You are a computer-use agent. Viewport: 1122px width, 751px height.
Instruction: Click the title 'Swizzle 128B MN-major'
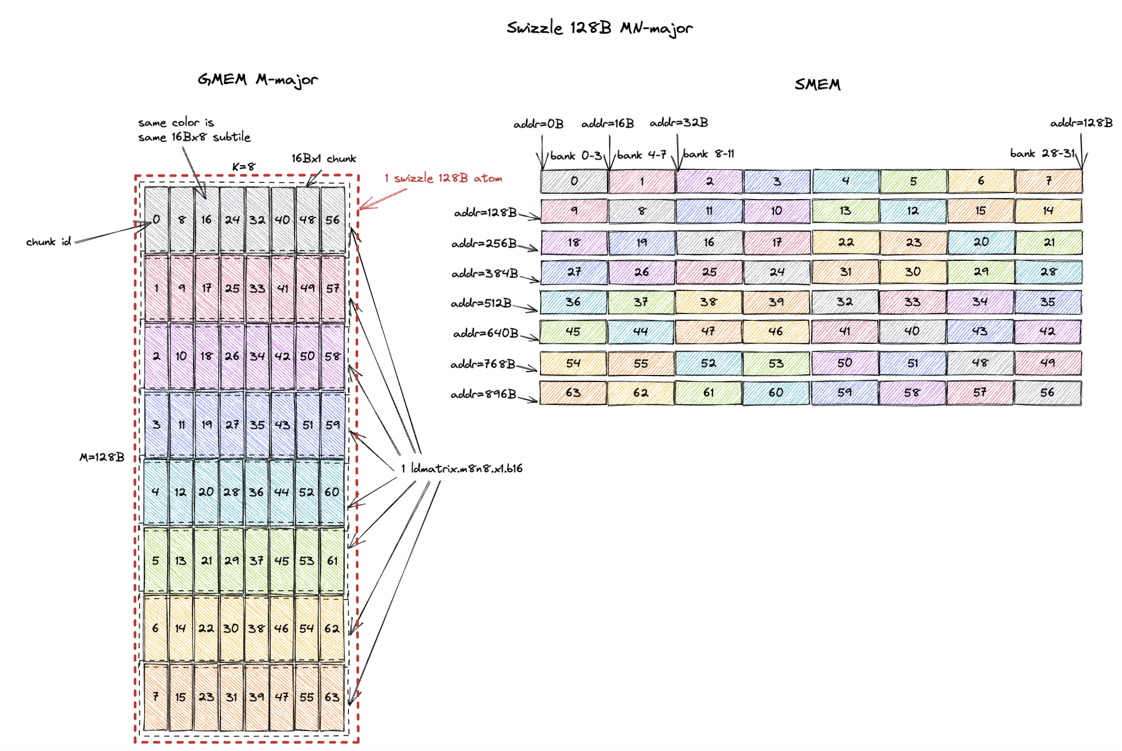coord(599,28)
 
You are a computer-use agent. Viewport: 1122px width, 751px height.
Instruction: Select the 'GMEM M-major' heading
coord(258,80)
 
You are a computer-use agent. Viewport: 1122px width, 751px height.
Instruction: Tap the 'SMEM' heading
coord(817,84)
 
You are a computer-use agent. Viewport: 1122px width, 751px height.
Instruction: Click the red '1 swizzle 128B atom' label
coord(443,178)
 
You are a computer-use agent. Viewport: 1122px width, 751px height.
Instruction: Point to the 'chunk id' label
coord(48,242)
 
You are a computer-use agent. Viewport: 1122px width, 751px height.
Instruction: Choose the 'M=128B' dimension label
coord(102,457)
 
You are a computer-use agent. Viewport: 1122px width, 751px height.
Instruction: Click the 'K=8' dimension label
coord(243,167)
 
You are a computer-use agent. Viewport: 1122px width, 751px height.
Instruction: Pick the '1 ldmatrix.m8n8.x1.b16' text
coord(462,468)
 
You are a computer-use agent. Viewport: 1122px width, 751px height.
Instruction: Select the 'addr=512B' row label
coord(481,303)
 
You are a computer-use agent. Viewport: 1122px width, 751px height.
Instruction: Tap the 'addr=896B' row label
coord(483,394)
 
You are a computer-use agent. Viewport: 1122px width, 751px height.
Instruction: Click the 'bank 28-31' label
coord(1042,153)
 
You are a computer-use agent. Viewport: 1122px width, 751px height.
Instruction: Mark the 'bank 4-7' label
coord(642,155)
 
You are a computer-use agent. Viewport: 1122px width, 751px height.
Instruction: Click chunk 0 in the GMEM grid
coord(156,220)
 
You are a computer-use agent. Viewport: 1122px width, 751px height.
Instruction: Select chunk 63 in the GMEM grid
coord(332,697)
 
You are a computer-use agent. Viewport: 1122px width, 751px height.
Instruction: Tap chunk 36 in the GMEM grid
coord(257,492)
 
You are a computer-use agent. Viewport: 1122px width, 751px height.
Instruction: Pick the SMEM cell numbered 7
coord(1049,181)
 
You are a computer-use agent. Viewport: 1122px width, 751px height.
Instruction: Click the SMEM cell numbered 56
coord(1047,393)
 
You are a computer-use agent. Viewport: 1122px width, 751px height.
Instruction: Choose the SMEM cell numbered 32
coord(844,302)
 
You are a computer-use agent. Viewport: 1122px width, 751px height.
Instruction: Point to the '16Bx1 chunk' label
coord(324,159)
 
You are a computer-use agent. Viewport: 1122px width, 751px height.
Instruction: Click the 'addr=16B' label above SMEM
coord(607,124)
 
